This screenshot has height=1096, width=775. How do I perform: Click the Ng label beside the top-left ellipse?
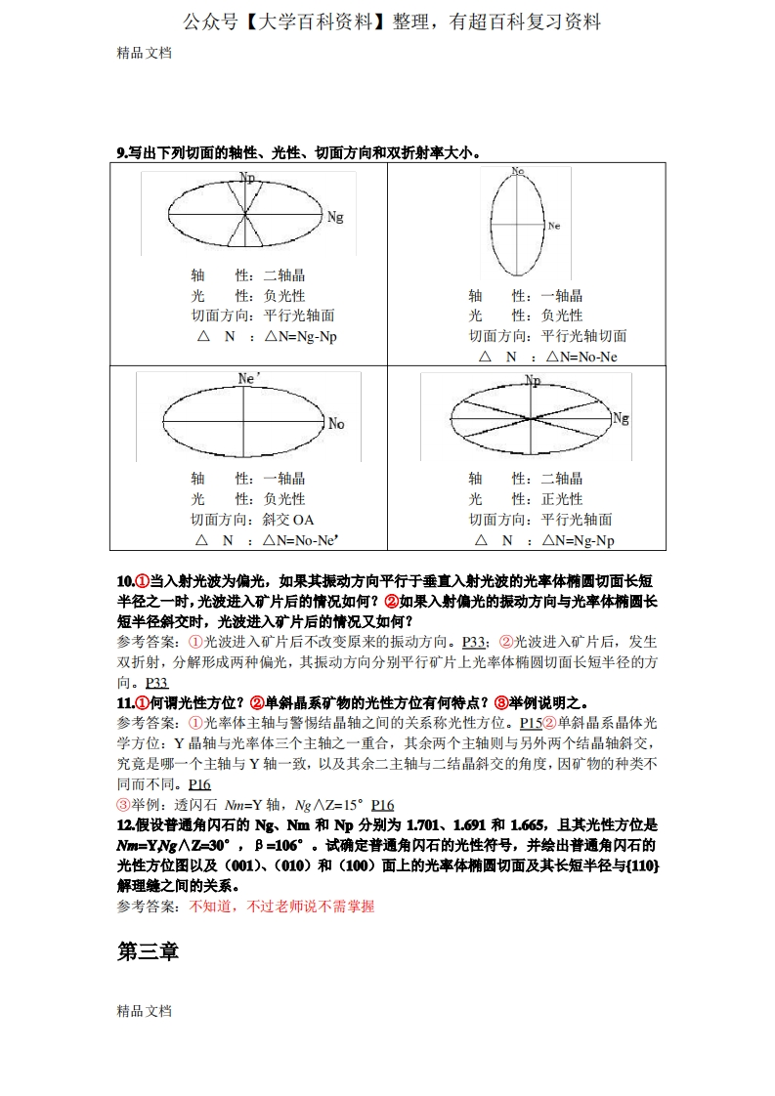click(x=335, y=216)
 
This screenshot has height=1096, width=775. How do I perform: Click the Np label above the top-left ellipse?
click(x=247, y=178)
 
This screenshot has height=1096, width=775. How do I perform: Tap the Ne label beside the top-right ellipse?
click(x=554, y=226)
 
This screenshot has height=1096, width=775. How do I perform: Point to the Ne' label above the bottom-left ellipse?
click(x=250, y=377)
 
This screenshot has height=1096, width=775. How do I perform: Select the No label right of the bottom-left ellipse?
click(x=336, y=423)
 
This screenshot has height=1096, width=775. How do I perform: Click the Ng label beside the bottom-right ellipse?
click(x=621, y=418)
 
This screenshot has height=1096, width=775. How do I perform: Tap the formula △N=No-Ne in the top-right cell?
click(x=582, y=357)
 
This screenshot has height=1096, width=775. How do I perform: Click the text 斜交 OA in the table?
click(x=288, y=520)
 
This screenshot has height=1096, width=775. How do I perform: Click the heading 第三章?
click(x=148, y=951)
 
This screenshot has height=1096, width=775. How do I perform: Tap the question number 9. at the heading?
click(x=122, y=151)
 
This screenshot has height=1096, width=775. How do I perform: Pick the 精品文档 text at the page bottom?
click(x=145, y=1011)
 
